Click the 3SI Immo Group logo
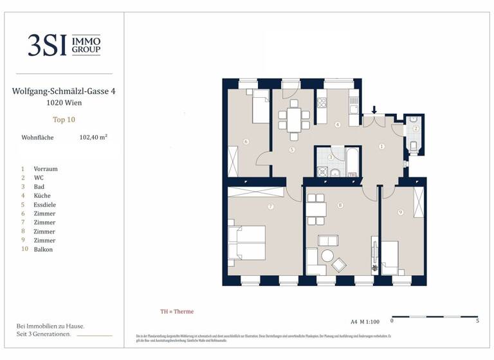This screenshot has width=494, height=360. (64, 44)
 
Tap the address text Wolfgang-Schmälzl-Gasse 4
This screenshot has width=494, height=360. (64, 92)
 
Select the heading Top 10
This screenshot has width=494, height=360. (64, 119)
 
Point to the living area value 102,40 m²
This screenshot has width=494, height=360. (93, 137)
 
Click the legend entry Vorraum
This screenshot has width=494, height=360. (45, 168)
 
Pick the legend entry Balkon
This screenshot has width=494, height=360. (43, 249)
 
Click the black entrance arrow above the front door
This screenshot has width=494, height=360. (374, 110)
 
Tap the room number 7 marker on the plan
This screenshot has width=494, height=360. (271, 206)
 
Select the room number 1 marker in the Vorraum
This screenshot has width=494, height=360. (381, 147)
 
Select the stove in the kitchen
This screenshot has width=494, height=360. (322, 102)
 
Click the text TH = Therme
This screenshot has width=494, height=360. (177, 312)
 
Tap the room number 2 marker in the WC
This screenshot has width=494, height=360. (416, 129)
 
